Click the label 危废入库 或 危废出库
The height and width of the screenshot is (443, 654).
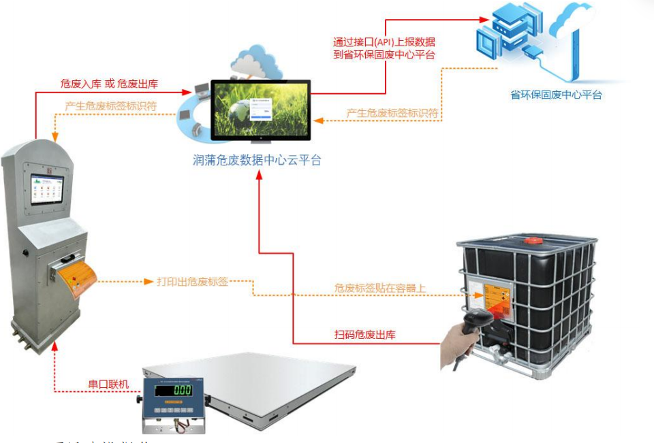pyautogui.click(x=109, y=84)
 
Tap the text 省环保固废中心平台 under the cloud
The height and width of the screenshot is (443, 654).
pyautogui.click(x=556, y=95)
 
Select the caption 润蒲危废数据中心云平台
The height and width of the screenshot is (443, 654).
pyautogui.click(x=256, y=161)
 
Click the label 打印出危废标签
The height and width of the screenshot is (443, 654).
pyautogui.click(x=193, y=281)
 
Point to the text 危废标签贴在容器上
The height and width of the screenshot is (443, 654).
pyautogui.click(x=380, y=289)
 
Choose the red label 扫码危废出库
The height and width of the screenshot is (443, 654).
pyautogui.click(x=365, y=334)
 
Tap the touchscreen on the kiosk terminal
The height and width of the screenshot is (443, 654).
pyautogui.click(x=47, y=190)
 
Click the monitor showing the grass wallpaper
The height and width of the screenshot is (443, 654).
pyautogui.click(x=260, y=110)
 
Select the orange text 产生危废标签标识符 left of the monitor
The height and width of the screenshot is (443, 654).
pyautogui.click(x=111, y=106)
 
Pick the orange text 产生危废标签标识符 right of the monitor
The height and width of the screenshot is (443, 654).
pyautogui.click(x=392, y=112)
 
